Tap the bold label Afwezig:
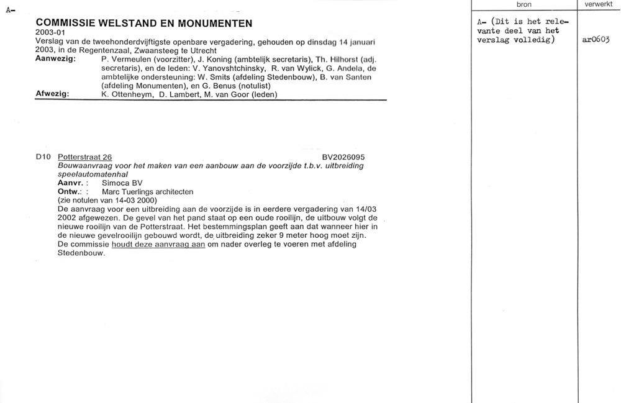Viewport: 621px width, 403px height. (52, 94)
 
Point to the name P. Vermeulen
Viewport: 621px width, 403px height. (123, 59)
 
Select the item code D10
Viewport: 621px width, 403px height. (43, 157)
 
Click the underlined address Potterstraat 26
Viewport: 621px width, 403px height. (84, 157)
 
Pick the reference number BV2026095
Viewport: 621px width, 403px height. (343, 157)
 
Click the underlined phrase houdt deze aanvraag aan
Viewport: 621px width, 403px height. (158, 245)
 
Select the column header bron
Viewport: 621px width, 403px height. (524, 4)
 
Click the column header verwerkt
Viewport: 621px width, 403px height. (599, 4)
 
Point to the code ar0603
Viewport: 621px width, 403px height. (597, 40)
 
